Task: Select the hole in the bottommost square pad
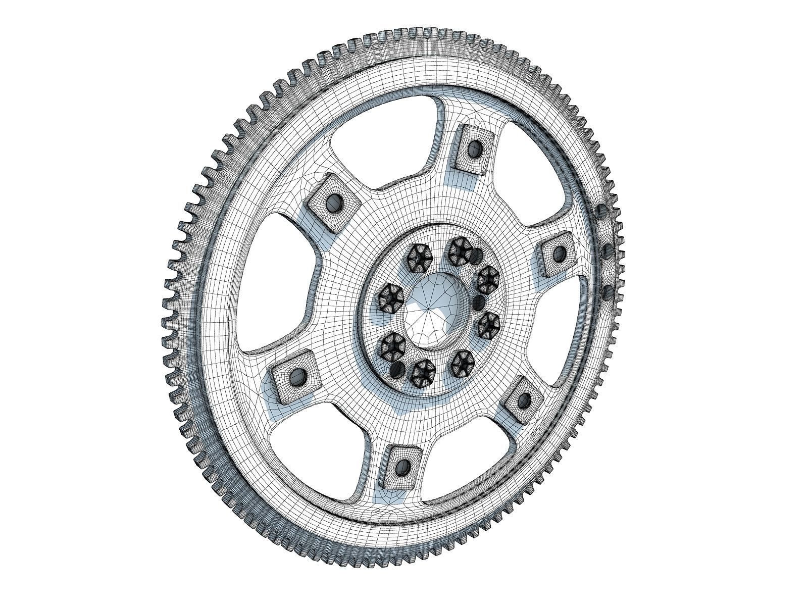(402, 466)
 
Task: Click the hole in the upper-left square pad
(333, 204)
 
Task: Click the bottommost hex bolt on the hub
(423, 373)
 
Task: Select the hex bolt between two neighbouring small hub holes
(488, 279)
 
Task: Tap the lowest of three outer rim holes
(608, 291)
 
